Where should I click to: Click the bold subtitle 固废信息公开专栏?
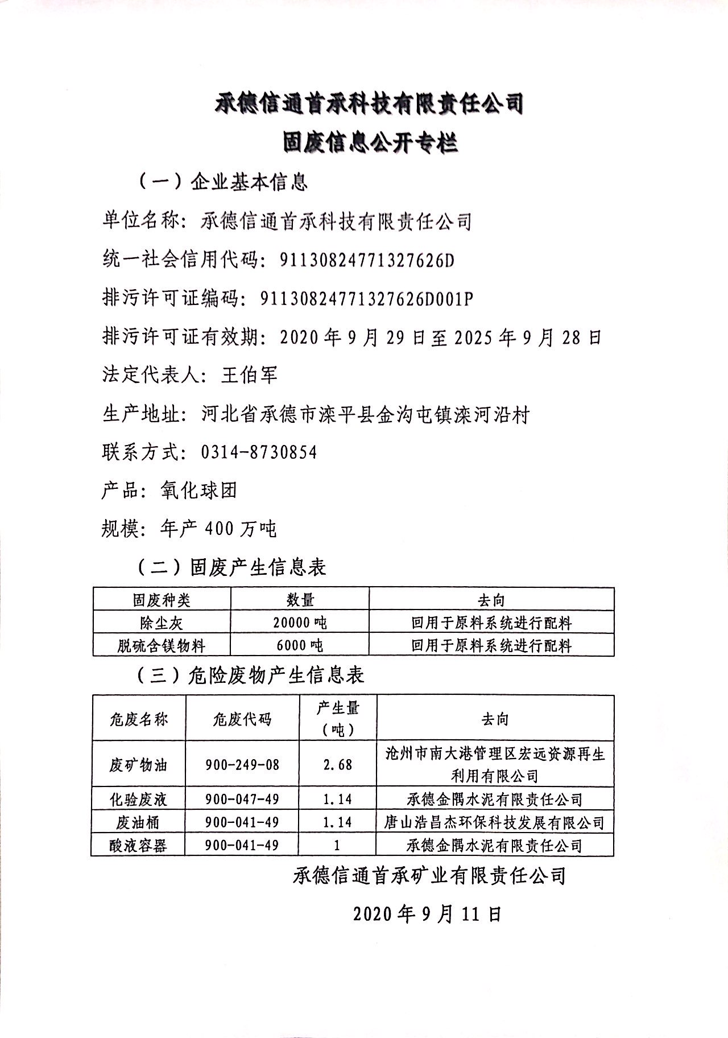(370, 142)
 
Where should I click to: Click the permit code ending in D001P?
(366, 298)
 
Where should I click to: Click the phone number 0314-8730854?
(259, 452)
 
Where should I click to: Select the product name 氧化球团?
(198, 491)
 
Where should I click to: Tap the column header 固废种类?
(162, 600)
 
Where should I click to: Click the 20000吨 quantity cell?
(300, 623)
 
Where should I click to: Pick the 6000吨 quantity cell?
(300, 645)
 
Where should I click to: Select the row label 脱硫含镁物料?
(162, 645)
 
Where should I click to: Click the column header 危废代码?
(242, 719)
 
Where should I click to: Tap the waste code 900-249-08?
(242, 764)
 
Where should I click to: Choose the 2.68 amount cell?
(338, 764)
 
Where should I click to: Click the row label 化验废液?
(138, 800)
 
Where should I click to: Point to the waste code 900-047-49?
(242, 800)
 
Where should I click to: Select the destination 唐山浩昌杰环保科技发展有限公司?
(494, 822)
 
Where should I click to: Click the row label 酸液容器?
(138, 846)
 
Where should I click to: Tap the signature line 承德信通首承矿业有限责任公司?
(429, 875)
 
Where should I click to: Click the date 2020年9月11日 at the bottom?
(427, 914)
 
